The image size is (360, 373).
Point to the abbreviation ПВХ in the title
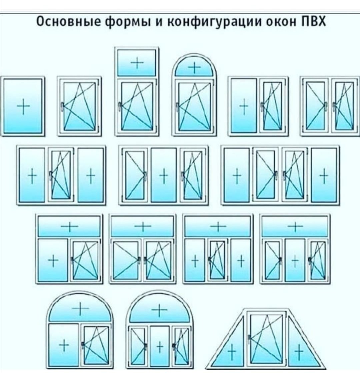(x=313, y=22)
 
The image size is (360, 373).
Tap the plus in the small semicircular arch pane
(x=195, y=68)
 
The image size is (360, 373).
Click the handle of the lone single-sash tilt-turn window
(x=62, y=106)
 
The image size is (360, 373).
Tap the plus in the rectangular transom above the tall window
(x=137, y=63)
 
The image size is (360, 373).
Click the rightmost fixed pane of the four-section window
(x=324, y=175)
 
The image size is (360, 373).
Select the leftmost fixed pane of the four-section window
(x=237, y=175)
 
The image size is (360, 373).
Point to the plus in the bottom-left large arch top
(x=80, y=308)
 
